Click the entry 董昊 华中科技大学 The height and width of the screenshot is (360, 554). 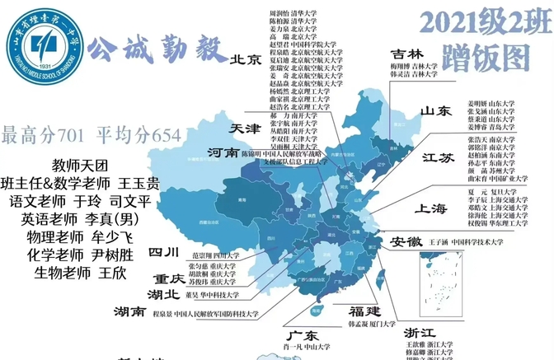[x=212, y=294]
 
